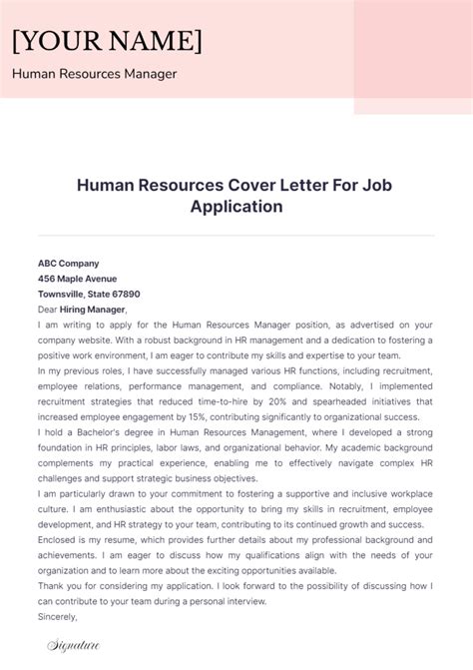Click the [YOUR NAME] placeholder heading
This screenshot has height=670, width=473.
pyautogui.click(x=107, y=40)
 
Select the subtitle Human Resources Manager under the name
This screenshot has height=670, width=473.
pyautogui.click(x=94, y=74)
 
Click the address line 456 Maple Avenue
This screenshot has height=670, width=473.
pyautogui.click(x=77, y=279)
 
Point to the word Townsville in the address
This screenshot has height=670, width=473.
pyautogui.click(x=61, y=295)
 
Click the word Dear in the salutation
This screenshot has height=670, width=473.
pyautogui.click(x=48, y=310)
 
